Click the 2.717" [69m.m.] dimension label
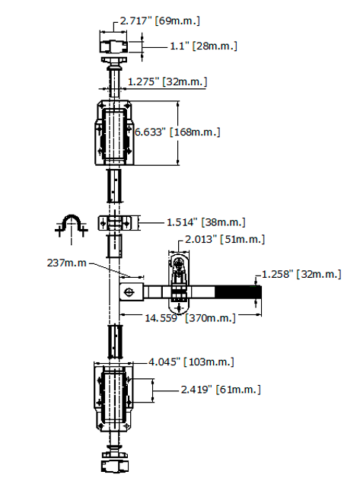160,21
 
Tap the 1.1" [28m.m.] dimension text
203,46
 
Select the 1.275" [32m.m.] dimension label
167,81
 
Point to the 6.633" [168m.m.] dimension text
177,132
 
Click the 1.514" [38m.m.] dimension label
206,222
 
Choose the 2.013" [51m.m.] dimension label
225,239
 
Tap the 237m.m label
66,263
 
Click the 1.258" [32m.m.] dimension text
301,274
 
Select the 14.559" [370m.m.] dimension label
190,318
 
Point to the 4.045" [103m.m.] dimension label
191,362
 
